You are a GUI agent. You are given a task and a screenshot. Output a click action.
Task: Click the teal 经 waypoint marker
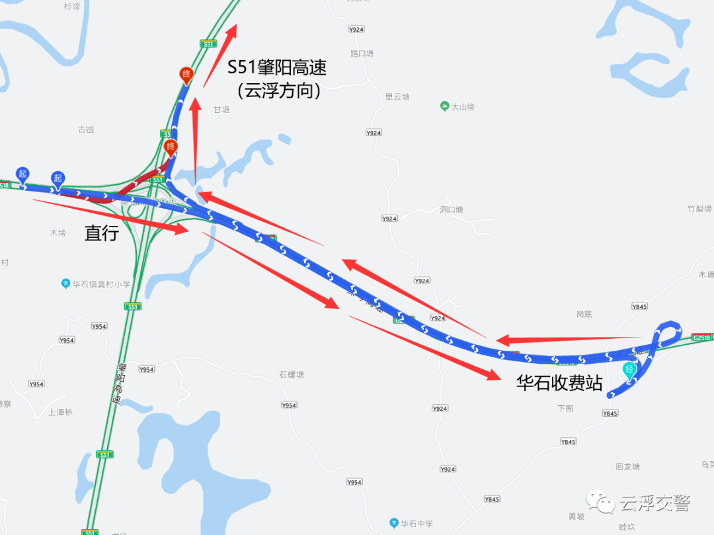coord(630,370)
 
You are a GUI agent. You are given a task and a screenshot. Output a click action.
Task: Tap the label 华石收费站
coord(559,383)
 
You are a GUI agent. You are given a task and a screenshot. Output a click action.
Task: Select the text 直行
coord(102,232)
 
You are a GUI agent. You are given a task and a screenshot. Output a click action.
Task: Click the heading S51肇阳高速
coord(277,67)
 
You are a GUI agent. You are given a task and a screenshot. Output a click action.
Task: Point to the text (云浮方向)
coord(278,90)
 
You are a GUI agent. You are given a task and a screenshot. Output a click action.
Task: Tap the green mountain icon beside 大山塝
coord(445,106)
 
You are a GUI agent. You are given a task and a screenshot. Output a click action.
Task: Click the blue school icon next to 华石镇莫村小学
coord(65,284)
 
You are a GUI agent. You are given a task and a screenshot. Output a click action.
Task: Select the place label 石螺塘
coord(291,374)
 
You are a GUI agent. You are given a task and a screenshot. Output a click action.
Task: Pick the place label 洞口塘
coord(452,210)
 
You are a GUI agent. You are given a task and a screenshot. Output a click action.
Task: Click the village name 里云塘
coord(397,96)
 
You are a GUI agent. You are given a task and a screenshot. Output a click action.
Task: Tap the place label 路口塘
coord(362,54)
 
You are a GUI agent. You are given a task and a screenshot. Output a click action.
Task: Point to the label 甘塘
coord(221,110)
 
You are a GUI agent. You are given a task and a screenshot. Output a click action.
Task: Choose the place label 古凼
coord(86,129)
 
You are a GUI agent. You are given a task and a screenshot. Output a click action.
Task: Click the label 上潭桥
coord(60,412)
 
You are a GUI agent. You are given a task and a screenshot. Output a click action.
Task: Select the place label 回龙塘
coord(627,466)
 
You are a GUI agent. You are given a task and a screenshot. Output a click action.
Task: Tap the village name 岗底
coord(584,314)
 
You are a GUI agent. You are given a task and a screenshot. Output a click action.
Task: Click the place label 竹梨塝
coord(699,209)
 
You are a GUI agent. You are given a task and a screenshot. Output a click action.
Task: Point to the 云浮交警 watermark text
coord(655,504)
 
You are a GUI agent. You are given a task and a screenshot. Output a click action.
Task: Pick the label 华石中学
coord(416,524)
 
